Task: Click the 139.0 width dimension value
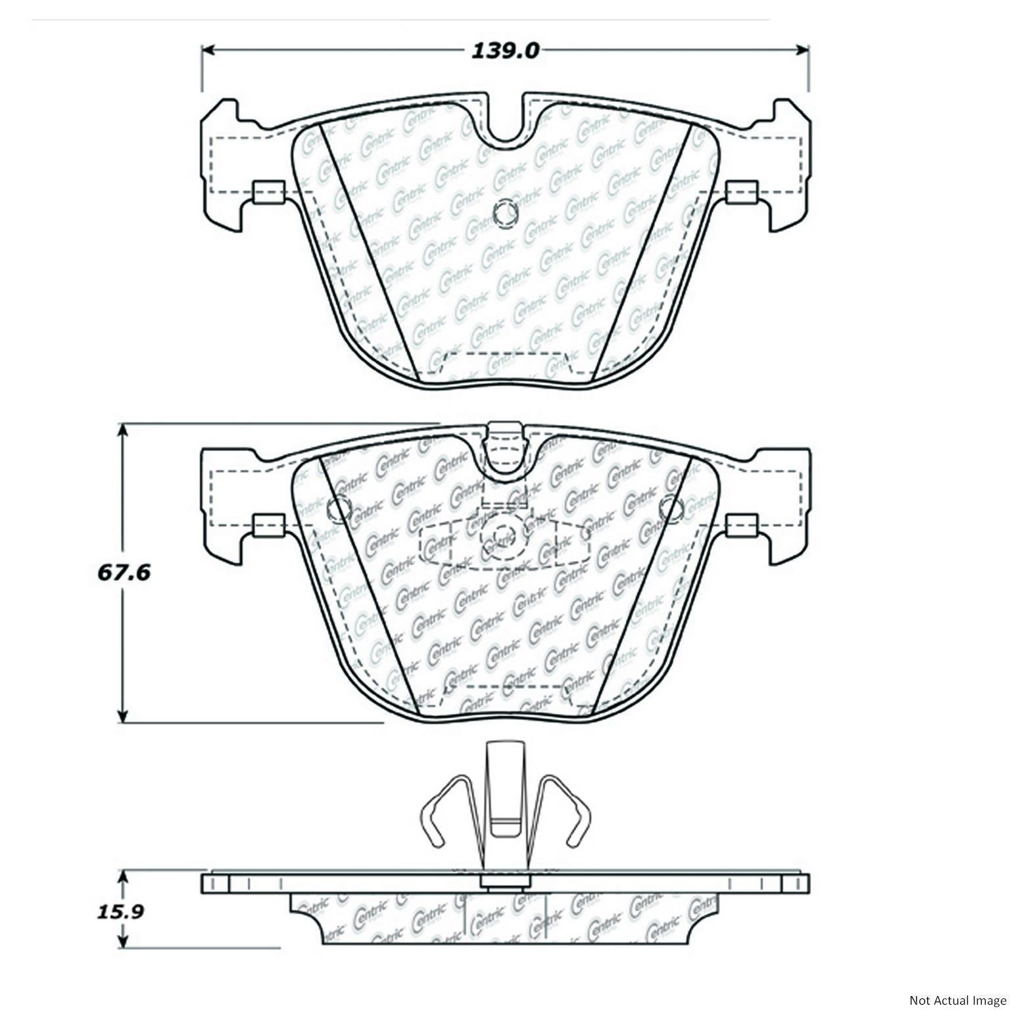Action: [505, 50]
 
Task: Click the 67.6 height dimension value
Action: [124, 572]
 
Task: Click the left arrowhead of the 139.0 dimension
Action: [208, 50]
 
